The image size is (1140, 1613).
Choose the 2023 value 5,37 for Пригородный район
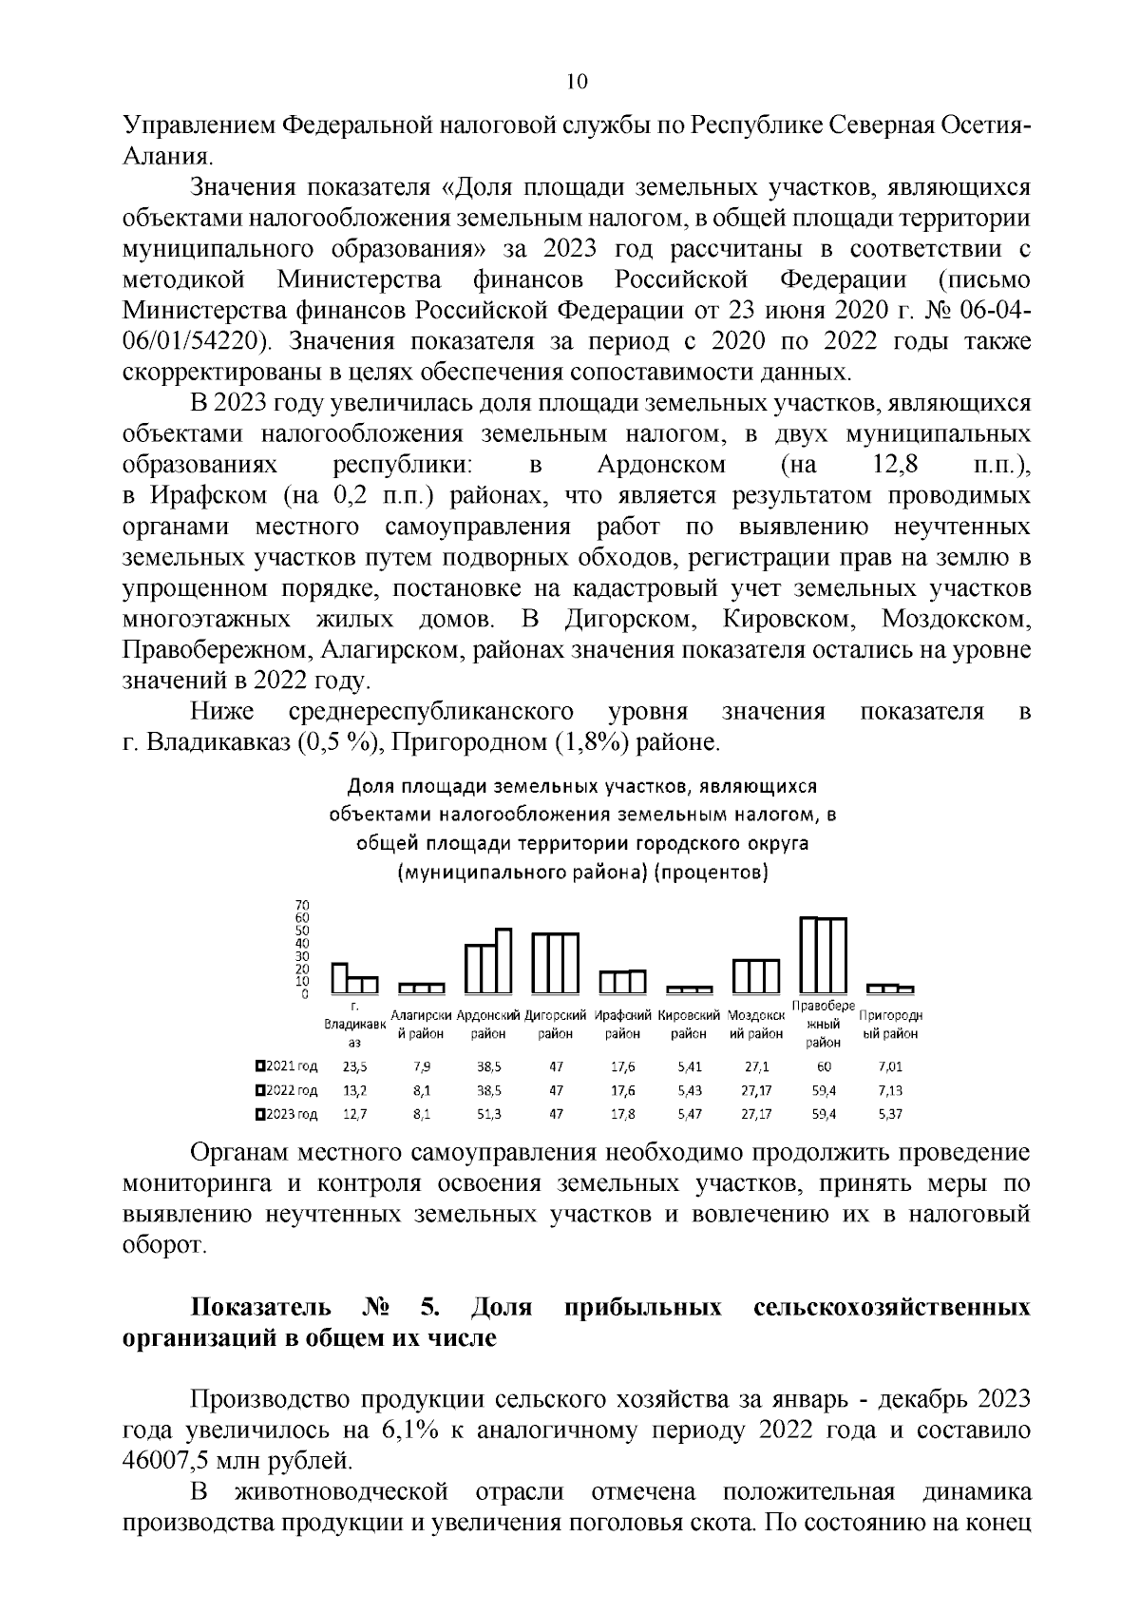pyautogui.click(x=890, y=1114)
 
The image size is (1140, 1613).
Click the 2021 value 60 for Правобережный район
pyautogui.click(x=824, y=1066)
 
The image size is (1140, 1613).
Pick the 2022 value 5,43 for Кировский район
pyautogui.click(x=690, y=1090)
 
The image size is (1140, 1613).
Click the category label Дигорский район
pyautogui.click(x=556, y=1024)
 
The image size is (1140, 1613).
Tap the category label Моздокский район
pyautogui.click(x=755, y=1024)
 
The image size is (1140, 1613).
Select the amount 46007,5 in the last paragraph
pyautogui.click(x=178, y=1459)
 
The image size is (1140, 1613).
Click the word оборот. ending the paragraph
pyautogui.click(x=163, y=1245)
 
